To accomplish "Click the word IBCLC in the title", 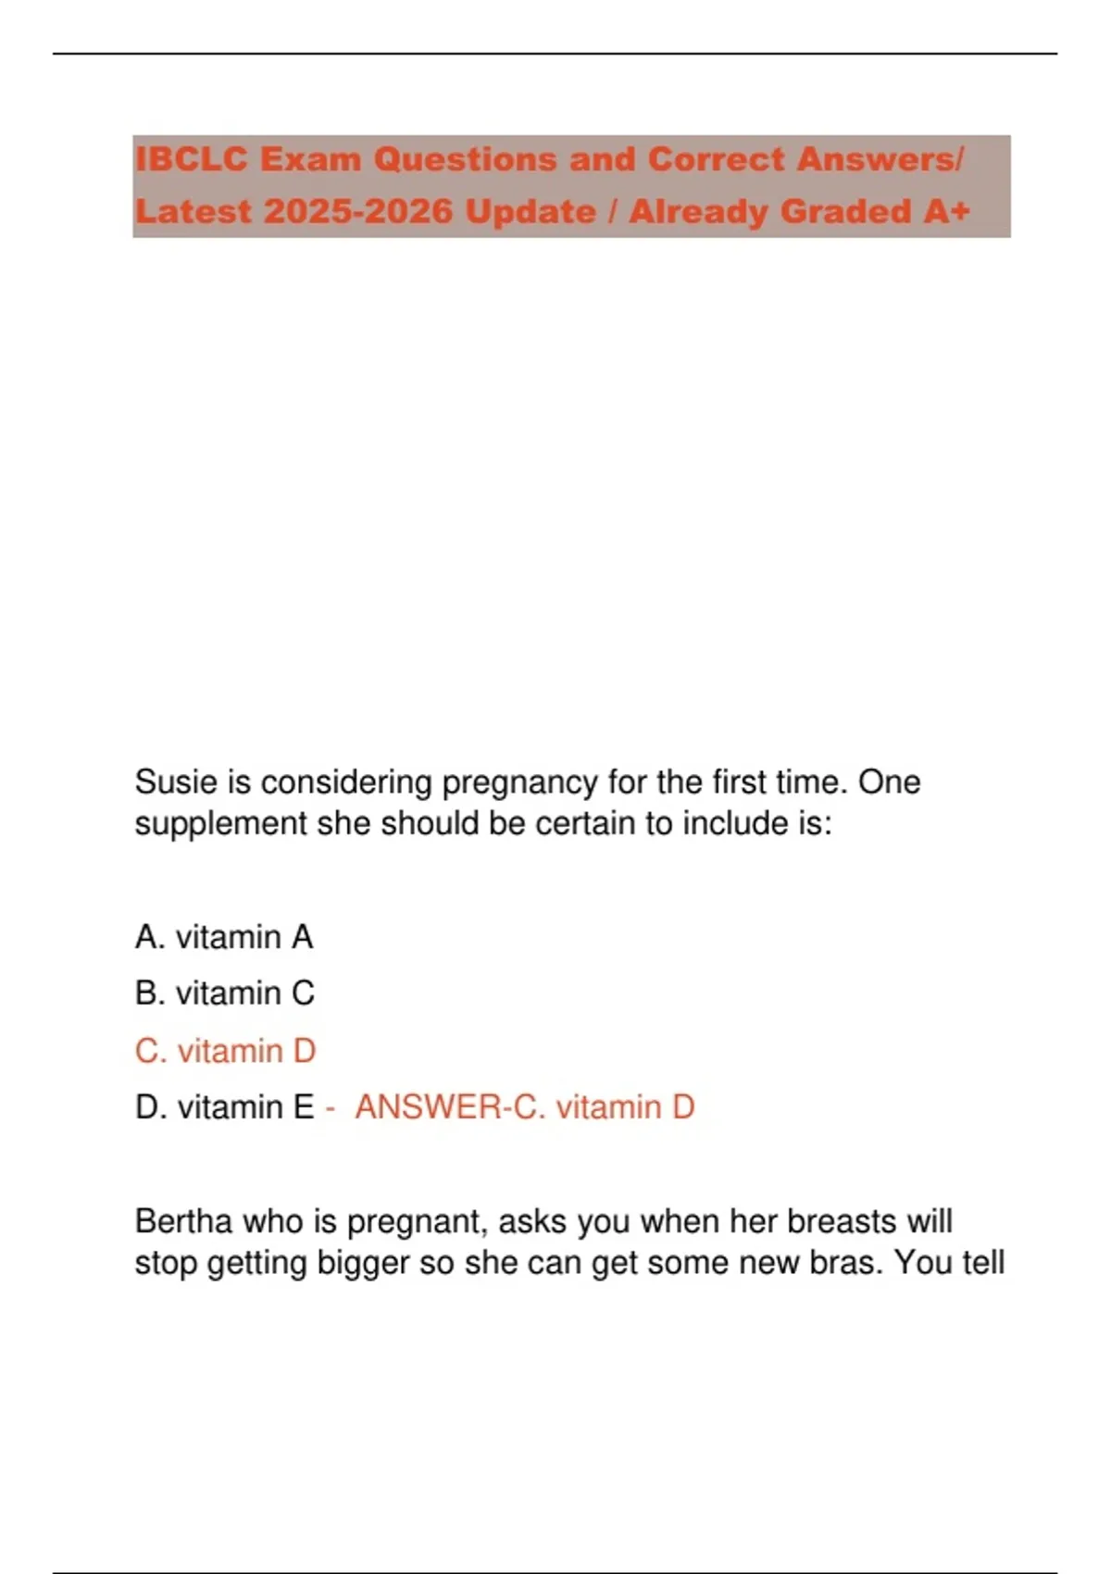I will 192,159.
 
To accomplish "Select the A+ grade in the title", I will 946,211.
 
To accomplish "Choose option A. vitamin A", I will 224,937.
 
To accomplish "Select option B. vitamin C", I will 225,993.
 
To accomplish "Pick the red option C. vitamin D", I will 225,1051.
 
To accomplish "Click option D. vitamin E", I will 224,1107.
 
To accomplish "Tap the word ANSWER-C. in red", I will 450,1107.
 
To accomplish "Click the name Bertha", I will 183,1221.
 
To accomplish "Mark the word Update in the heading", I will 531,211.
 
